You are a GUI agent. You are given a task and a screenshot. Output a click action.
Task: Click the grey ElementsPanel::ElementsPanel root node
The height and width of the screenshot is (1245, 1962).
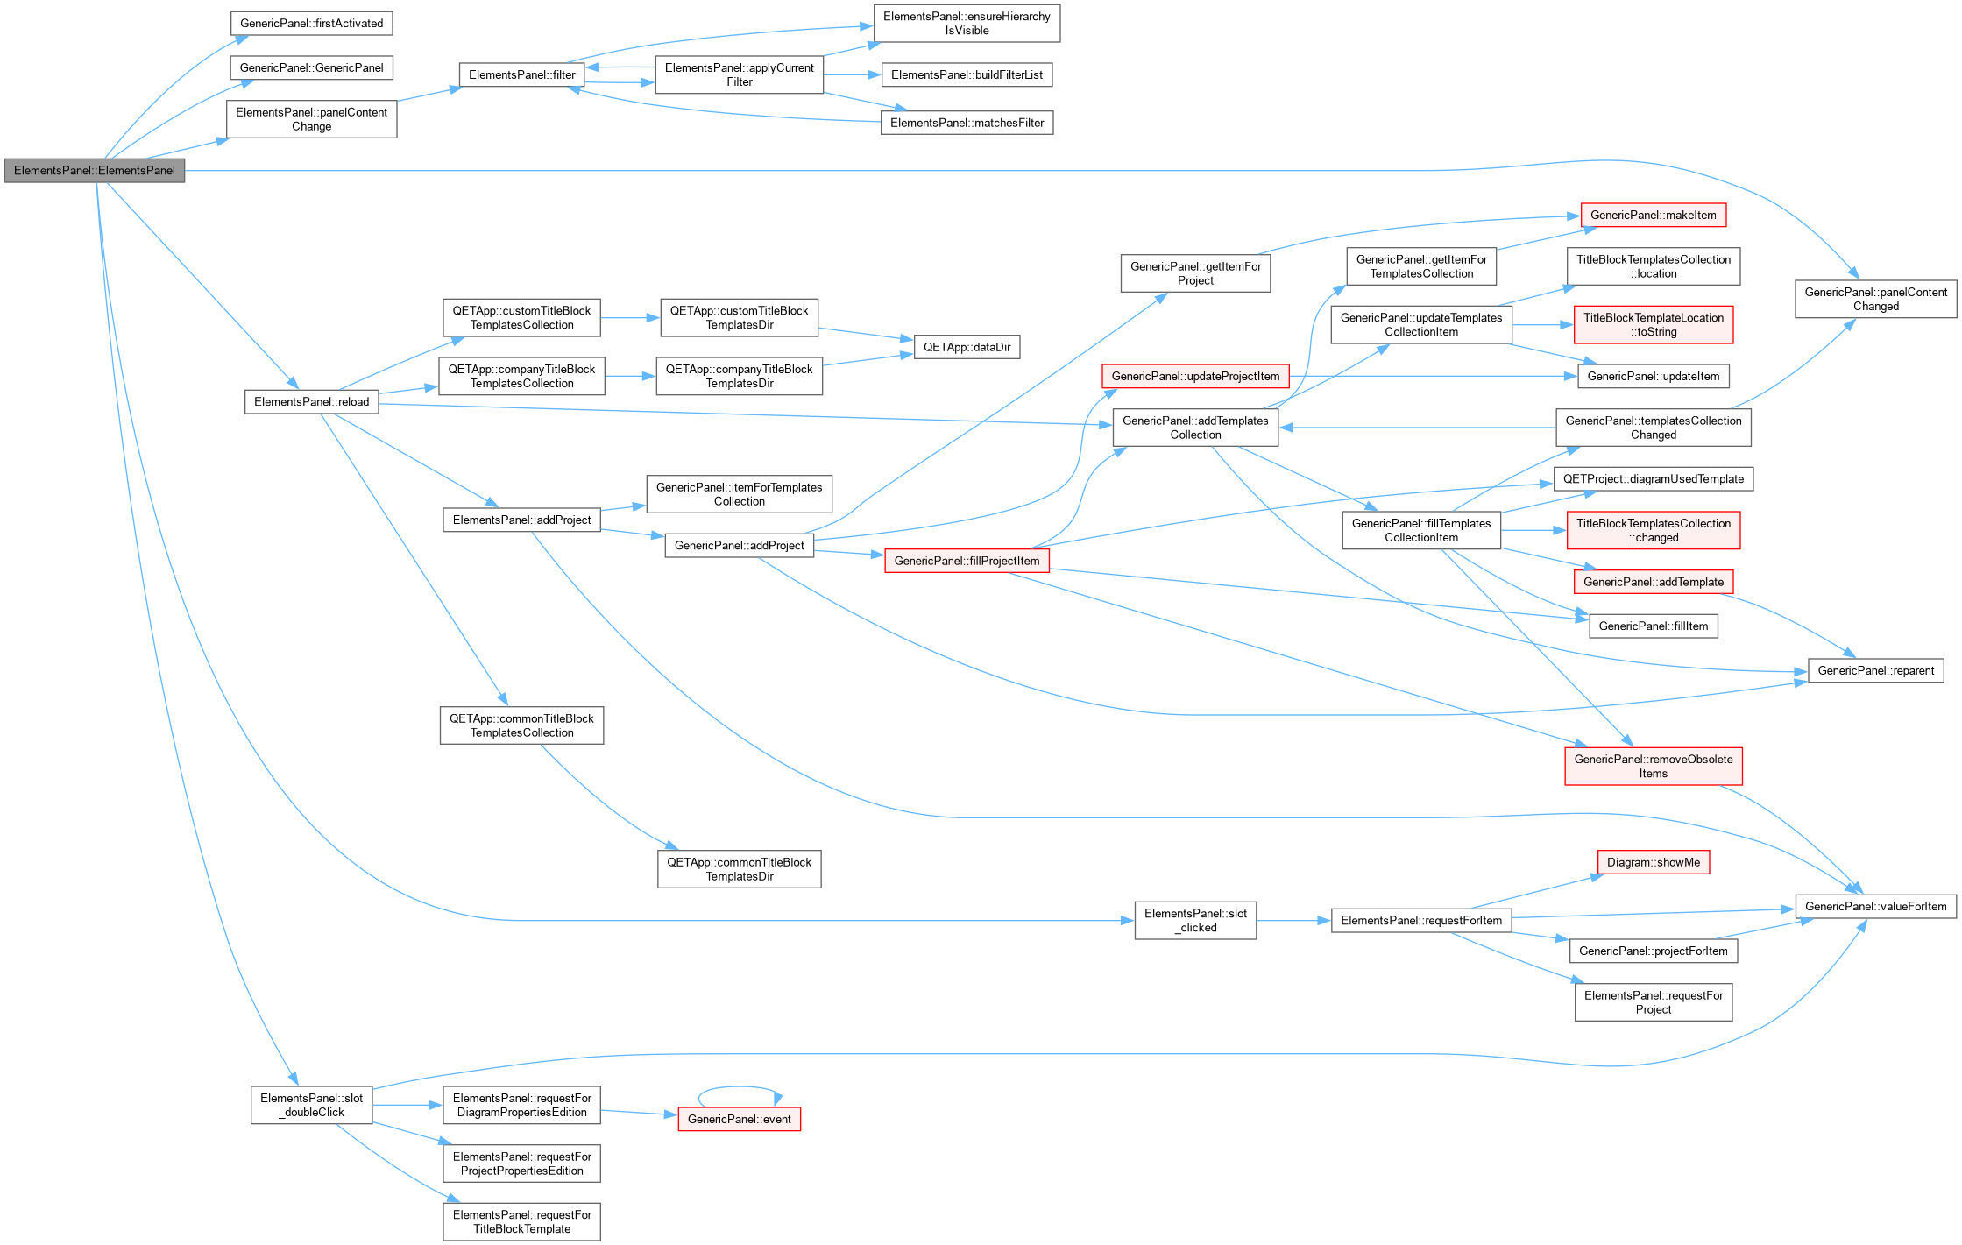click(95, 171)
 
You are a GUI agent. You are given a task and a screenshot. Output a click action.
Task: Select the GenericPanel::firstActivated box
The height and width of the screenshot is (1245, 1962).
click(311, 24)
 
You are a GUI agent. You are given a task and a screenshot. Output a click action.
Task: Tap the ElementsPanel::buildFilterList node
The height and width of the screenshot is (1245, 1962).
click(967, 75)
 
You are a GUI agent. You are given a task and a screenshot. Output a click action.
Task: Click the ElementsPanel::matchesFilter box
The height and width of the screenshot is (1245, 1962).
click(967, 123)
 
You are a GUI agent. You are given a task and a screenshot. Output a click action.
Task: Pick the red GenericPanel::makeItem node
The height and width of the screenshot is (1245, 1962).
click(1653, 216)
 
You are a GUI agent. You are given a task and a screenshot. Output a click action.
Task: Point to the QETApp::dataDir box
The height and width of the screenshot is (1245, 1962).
click(967, 348)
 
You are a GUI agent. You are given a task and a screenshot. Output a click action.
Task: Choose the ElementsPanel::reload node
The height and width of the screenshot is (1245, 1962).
click(311, 402)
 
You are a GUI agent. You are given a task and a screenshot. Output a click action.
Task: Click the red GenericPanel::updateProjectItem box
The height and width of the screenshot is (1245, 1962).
click(1195, 377)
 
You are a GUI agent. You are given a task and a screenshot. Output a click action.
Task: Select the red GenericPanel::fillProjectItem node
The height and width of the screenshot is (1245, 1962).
click(967, 561)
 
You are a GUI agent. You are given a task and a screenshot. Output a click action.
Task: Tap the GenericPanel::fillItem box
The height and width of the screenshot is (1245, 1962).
click(1653, 626)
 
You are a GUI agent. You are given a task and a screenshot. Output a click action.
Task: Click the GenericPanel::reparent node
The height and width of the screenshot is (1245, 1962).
click(1875, 671)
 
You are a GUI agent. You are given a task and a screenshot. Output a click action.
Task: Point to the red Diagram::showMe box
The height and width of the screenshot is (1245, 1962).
click(1653, 863)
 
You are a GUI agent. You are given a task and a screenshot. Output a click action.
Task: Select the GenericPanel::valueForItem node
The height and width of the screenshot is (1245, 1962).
click(1875, 907)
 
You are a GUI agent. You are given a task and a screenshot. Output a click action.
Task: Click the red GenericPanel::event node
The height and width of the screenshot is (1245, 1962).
click(739, 1120)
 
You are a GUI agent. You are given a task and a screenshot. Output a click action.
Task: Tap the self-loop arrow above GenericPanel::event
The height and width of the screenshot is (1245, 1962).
click(739, 1087)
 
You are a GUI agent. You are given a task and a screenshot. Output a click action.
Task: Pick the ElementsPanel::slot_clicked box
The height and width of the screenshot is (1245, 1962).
click(1195, 921)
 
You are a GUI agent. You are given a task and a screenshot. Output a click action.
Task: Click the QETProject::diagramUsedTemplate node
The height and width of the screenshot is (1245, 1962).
click(1653, 479)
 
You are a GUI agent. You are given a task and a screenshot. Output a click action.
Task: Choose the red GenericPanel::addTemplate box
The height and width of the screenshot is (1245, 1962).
click(1653, 583)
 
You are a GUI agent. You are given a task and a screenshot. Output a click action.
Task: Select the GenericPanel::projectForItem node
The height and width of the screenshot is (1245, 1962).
click(1653, 951)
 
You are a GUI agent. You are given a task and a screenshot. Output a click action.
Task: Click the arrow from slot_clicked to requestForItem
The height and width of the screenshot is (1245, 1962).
click(1293, 921)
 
